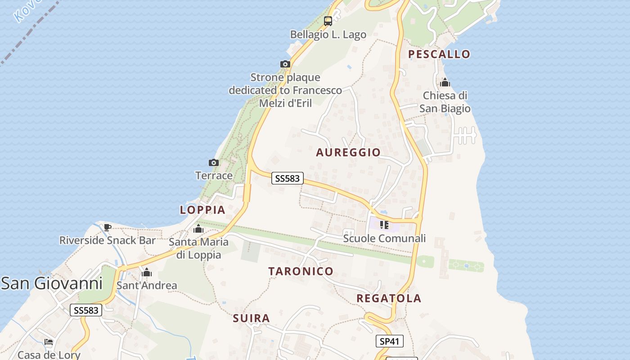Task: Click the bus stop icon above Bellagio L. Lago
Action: coord(328,21)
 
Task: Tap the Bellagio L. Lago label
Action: coord(328,35)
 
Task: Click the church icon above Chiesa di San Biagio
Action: coord(445,82)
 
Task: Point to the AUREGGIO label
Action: coord(348,152)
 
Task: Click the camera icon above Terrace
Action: coord(214,162)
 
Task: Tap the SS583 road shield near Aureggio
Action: coord(287,178)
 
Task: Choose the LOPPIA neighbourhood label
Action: coord(202,210)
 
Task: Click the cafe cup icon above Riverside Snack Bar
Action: coord(108,227)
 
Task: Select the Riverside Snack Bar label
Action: coord(108,240)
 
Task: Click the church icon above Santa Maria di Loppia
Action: coord(198,229)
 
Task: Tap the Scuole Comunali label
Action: coord(384,238)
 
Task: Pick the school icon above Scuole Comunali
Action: coord(384,225)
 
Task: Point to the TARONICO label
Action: coord(301,271)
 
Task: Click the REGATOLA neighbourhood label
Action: coord(389,298)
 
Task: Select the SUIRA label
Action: coord(252,319)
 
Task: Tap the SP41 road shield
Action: coord(390,341)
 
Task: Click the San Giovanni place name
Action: coord(51,283)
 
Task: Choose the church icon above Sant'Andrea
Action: coord(147,272)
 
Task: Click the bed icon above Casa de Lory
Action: coord(49,342)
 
